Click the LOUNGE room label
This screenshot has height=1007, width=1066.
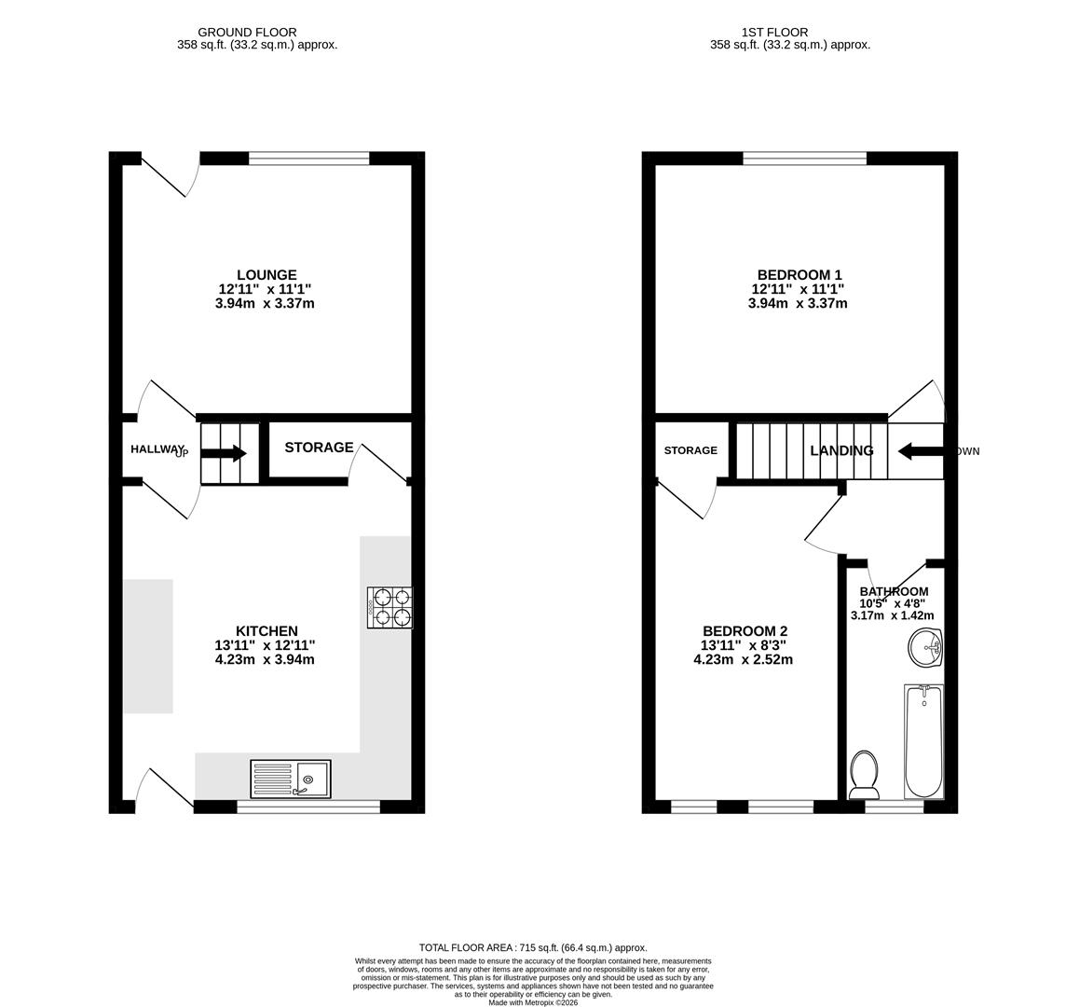click(x=266, y=275)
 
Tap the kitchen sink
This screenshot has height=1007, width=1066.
click(x=290, y=779)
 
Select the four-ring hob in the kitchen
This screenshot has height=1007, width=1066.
click(x=389, y=607)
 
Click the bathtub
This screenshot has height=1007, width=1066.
click(x=923, y=741)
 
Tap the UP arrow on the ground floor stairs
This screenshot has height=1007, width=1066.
click(x=223, y=453)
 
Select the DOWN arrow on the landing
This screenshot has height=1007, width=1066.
click(x=921, y=451)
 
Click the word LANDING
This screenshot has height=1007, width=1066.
click(x=841, y=450)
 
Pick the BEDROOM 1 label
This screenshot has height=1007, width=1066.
click(x=799, y=275)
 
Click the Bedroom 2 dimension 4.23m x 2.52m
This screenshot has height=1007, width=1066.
click(x=743, y=659)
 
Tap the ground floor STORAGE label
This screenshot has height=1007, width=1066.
click(x=319, y=448)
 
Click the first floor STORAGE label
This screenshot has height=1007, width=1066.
click(x=690, y=450)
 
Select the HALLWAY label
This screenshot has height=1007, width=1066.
click(x=157, y=449)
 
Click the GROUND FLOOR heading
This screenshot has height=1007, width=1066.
click(x=247, y=32)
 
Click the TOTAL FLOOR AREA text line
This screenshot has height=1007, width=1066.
click(x=533, y=947)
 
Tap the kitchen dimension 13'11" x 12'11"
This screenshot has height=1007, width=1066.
click(x=265, y=645)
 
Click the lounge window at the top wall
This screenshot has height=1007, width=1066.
click(x=308, y=159)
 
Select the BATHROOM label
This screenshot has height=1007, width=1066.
click(x=894, y=591)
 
